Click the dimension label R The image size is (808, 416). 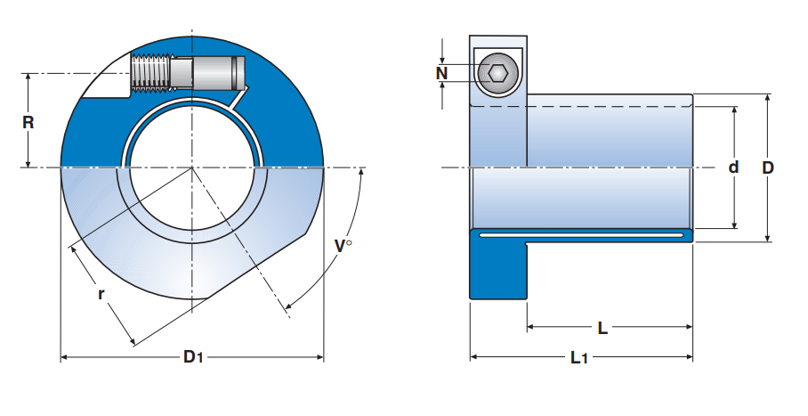click(28, 122)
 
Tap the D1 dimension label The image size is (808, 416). click(193, 358)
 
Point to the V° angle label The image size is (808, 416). click(343, 246)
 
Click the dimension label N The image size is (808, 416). click(441, 73)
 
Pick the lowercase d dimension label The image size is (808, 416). click(733, 167)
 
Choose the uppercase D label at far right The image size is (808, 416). click(768, 167)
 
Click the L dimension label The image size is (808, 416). click(602, 328)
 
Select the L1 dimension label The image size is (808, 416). click(578, 358)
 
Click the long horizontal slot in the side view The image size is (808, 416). click(583, 235)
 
